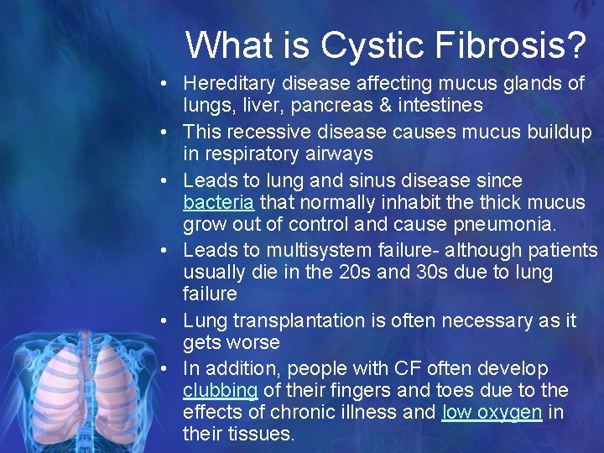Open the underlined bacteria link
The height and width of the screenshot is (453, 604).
(x=219, y=202)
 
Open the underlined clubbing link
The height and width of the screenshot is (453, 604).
(x=221, y=391)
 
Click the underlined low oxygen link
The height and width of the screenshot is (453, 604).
(x=492, y=413)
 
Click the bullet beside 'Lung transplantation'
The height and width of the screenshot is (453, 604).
(x=169, y=321)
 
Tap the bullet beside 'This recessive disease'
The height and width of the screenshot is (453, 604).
(x=169, y=133)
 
